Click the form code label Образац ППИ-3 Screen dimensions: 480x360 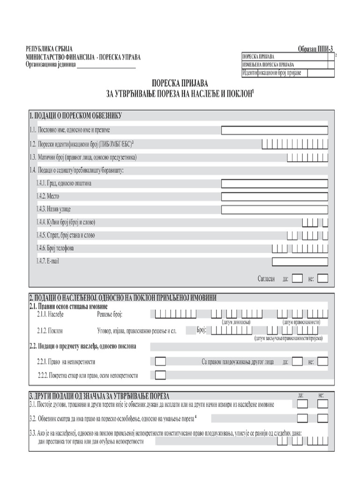(316, 49)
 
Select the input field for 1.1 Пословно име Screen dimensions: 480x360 (274, 130)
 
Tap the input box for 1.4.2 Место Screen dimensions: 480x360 (274, 196)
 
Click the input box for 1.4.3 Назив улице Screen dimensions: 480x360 (274, 209)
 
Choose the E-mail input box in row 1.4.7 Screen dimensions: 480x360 (300, 261)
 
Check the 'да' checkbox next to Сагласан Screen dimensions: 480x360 (297, 278)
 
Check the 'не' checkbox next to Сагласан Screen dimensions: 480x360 (322, 278)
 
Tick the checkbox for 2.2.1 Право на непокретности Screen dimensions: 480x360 (160, 361)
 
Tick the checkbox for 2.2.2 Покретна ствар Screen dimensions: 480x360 (160, 375)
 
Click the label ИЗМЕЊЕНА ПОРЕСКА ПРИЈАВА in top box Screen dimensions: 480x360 (268, 64)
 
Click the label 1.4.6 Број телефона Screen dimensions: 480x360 (55, 248)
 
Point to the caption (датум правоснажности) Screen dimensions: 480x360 (301, 322)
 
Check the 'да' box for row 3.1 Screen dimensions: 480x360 (303, 404)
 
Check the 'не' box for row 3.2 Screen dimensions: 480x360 (323, 418)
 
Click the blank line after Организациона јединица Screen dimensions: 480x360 (105, 66)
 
